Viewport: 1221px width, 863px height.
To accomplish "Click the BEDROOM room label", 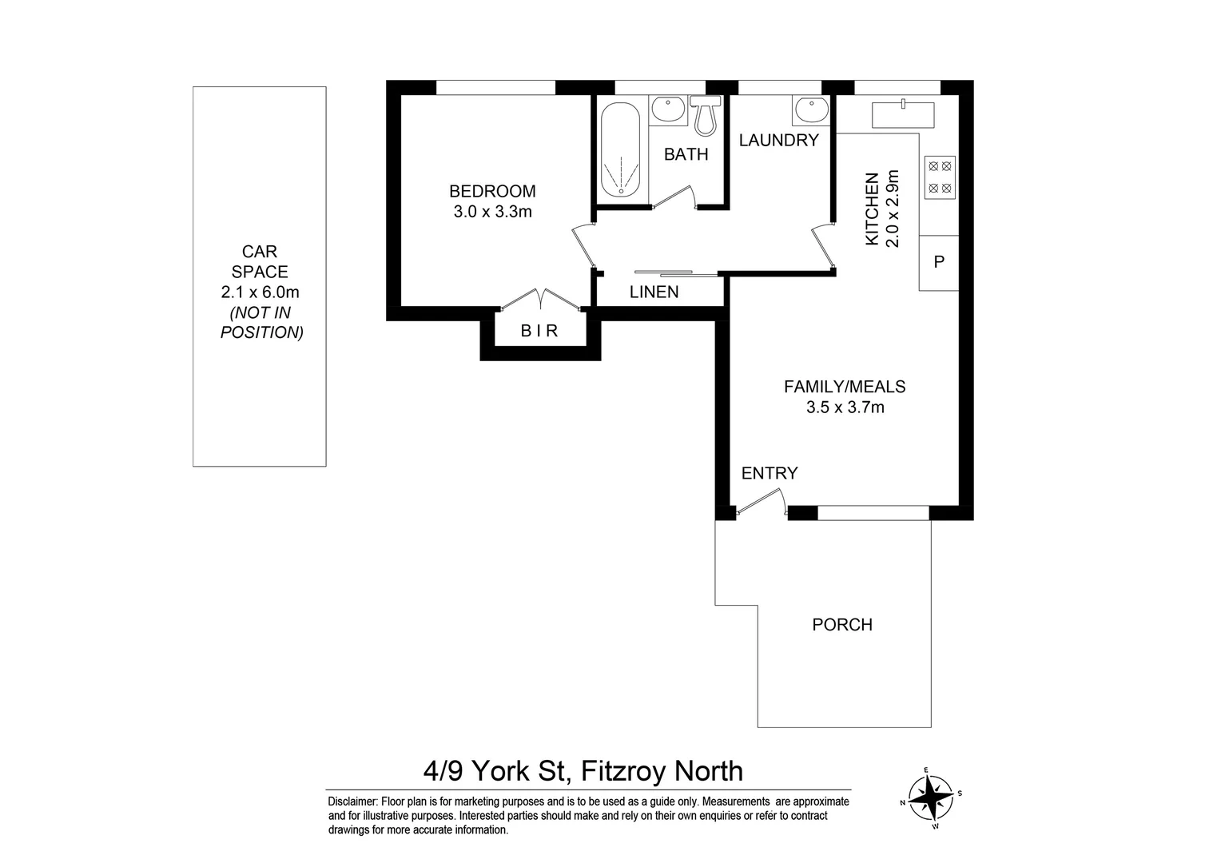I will pyautogui.click(x=492, y=191).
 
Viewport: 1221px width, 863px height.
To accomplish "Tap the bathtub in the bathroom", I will pyautogui.click(x=620, y=149).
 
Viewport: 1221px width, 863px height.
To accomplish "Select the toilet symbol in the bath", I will pyautogui.click(x=705, y=115).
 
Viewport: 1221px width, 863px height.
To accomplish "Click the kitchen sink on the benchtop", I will pyautogui.click(x=902, y=114).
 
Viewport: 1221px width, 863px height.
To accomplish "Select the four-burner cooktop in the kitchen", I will pyautogui.click(x=940, y=177).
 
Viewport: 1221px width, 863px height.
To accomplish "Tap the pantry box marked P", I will pyautogui.click(x=939, y=262).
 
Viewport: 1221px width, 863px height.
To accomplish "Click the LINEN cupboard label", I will pyautogui.click(x=654, y=292).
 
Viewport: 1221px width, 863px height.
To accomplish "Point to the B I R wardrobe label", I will pyautogui.click(x=539, y=331).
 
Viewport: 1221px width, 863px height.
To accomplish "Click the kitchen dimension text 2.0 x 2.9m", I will pyautogui.click(x=893, y=209).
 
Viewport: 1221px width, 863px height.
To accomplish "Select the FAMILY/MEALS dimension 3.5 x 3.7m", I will pyautogui.click(x=845, y=408).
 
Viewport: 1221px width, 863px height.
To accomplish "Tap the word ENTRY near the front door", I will pyautogui.click(x=770, y=473).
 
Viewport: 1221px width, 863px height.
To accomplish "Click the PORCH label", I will pyautogui.click(x=842, y=625).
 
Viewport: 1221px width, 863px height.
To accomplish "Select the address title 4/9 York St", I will pyautogui.click(x=495, y=771).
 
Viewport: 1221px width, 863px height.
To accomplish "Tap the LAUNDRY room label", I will pyautogui.click(x=778, y=141).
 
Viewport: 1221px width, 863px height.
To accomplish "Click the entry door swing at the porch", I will pyautogui.click(x=759, y=503).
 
